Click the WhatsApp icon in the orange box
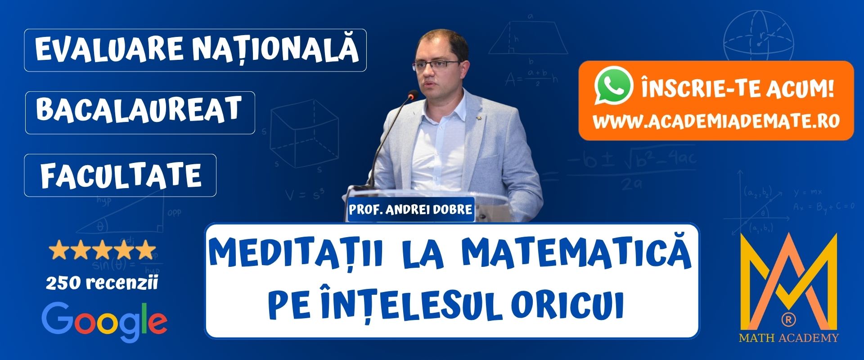(613, 86)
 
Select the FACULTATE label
(121, 175)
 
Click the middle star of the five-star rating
(103, 250)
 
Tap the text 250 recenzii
(102, 283)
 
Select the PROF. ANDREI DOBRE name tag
(410, 210)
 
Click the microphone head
(412, 95)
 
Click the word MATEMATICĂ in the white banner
(576, 256)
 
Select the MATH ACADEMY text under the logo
(788, 338)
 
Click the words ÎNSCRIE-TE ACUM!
(738, 88)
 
